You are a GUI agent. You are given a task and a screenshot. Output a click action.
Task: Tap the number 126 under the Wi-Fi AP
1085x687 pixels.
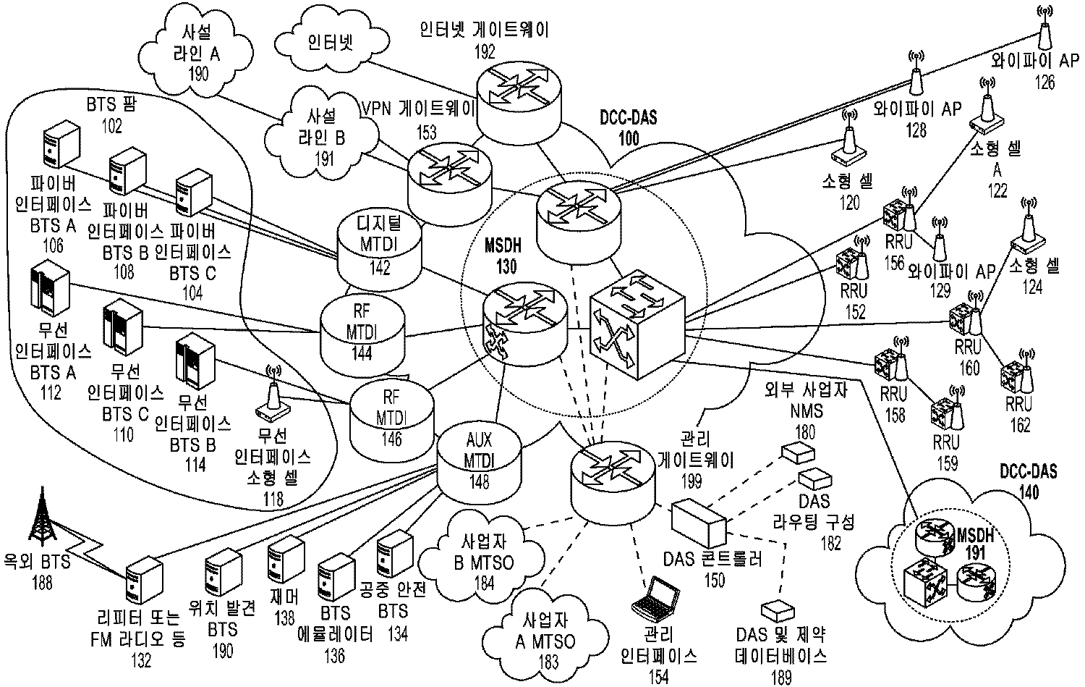tap(1044, 83)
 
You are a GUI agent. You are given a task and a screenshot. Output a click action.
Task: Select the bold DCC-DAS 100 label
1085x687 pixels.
tap(628, 126)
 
